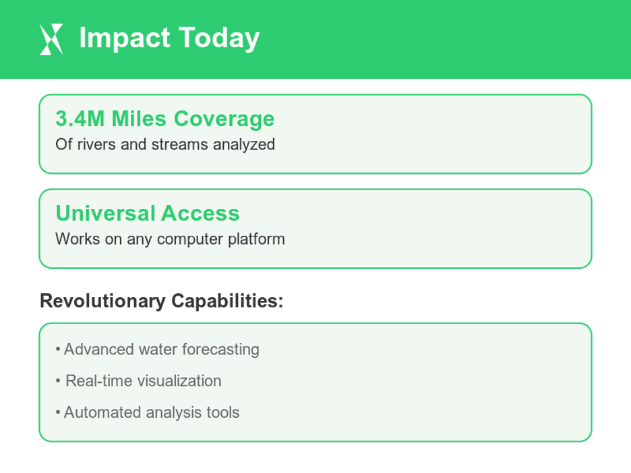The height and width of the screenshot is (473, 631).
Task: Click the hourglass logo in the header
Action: (51, 39)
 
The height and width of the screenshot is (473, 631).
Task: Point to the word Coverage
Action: (224, 119)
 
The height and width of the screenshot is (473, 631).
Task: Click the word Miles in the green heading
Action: (140, 119)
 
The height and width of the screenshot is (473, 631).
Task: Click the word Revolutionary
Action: (102, 301)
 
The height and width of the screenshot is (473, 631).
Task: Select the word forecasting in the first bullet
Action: (220, 350)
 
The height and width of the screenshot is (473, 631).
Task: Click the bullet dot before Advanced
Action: (58, 350)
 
